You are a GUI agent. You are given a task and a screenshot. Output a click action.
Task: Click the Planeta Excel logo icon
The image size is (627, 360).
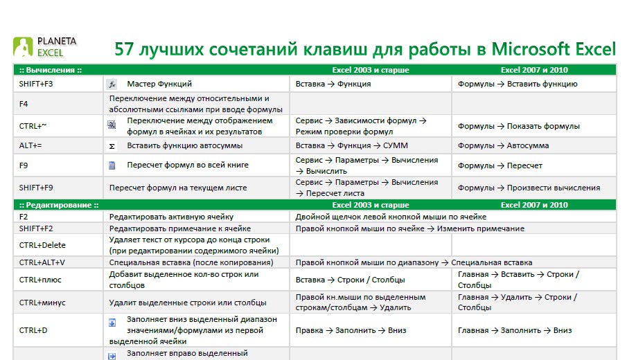pyautogui.click(x=23, y=47)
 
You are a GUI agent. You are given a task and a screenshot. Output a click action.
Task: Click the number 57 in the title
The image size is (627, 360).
pyautogui.click(x=124, y=49)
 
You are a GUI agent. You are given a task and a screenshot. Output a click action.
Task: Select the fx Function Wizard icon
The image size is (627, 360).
pyautogui.click(x=112, y=84)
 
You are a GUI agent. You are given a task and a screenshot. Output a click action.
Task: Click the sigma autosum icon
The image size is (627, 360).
pyautogui.click(x=112, y=146)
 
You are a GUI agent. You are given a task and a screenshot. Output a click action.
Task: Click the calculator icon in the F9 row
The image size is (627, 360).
pyautogui.click(x=112, y=165)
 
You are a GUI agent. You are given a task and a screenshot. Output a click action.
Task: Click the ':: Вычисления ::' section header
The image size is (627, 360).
pyautogui.click(x=51, y=70)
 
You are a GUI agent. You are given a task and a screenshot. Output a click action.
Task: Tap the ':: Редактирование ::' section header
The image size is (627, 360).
pyautogui.click(x=59, y=205)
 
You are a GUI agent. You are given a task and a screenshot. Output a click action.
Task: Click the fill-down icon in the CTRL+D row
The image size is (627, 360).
pyautogui.click(x=112, y=323)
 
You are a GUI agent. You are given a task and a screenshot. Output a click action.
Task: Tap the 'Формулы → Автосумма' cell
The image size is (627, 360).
pyautogui.click(x=503, y=146)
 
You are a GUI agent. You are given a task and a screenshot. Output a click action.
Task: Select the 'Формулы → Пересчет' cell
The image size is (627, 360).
pyautogui.click(x=500, y=165)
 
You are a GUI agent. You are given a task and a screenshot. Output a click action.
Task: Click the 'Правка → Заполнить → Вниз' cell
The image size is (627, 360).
pyautogui.click(x=351, y=330)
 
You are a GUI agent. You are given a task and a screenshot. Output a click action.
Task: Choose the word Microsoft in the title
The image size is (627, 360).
pyautogui.click(x=531, y=49)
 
